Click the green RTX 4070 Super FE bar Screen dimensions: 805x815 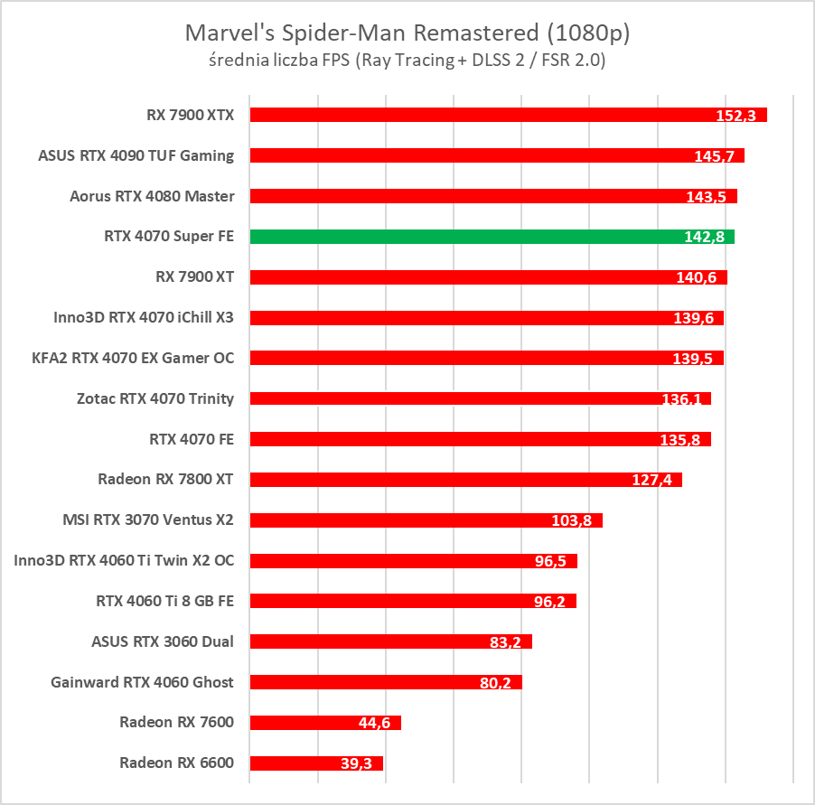pos(492,237)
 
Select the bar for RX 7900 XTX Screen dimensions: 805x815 pos(508,115)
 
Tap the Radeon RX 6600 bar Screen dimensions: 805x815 pos(316,763)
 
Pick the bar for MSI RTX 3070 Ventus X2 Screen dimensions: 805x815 pos(426,520)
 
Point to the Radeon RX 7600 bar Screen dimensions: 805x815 pos(325,723)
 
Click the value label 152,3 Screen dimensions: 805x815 pos(736,116)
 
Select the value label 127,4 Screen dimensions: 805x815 pos(651,480)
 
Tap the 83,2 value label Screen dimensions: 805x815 pos(501,642)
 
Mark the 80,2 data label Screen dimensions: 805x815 pos(494,683)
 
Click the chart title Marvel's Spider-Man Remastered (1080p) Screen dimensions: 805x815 pos(407,33)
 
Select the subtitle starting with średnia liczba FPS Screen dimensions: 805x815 pos(407,61)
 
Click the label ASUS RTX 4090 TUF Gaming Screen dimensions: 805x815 pos(136,155)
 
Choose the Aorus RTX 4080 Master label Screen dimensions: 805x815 pos(152,196)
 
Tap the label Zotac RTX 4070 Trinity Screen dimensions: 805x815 pos(156,398)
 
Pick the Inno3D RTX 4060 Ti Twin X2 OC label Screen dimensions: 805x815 pos(124,560)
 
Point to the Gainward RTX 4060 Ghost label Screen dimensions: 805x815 pos(143,682)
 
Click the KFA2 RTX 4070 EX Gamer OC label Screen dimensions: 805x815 pos(133,358)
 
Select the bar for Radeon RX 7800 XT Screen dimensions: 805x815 pos(465,480)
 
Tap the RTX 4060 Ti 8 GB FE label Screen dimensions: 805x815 pos(164,601)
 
